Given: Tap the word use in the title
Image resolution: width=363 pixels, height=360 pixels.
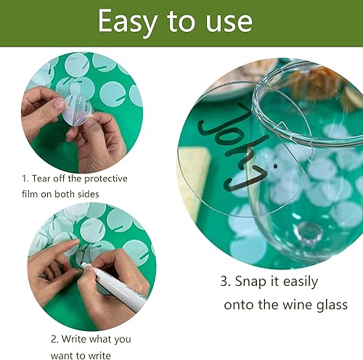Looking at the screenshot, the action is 229,23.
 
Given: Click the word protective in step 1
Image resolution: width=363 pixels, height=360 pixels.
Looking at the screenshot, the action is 106,179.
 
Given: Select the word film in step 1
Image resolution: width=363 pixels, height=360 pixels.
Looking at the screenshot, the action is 29,194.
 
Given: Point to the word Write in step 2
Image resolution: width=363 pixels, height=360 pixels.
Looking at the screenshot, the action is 76,339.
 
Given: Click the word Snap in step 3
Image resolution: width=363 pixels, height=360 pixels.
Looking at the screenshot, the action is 250,282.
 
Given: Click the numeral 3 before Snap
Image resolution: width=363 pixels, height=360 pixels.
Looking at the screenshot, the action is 224,282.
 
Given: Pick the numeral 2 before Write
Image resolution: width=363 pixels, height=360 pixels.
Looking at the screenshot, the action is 54,339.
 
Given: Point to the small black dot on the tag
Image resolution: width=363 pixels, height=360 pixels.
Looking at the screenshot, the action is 275,166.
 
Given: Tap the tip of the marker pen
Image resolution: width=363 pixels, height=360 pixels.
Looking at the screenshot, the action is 82,263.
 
